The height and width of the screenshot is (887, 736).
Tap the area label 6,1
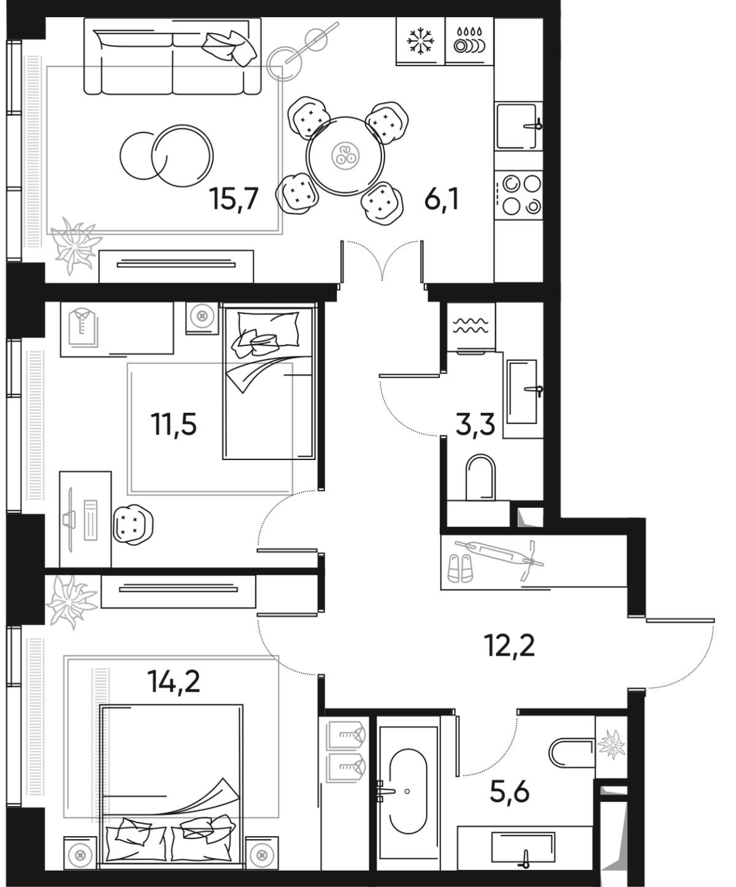click(442, 199)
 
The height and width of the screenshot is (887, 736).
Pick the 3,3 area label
click(475, 423)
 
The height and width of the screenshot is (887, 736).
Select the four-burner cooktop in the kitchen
click(521, 194)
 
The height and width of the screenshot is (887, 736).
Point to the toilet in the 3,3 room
click(480, 477)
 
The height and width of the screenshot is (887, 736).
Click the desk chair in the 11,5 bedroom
click(134, 523)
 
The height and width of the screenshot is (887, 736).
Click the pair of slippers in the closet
click(459, 569)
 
